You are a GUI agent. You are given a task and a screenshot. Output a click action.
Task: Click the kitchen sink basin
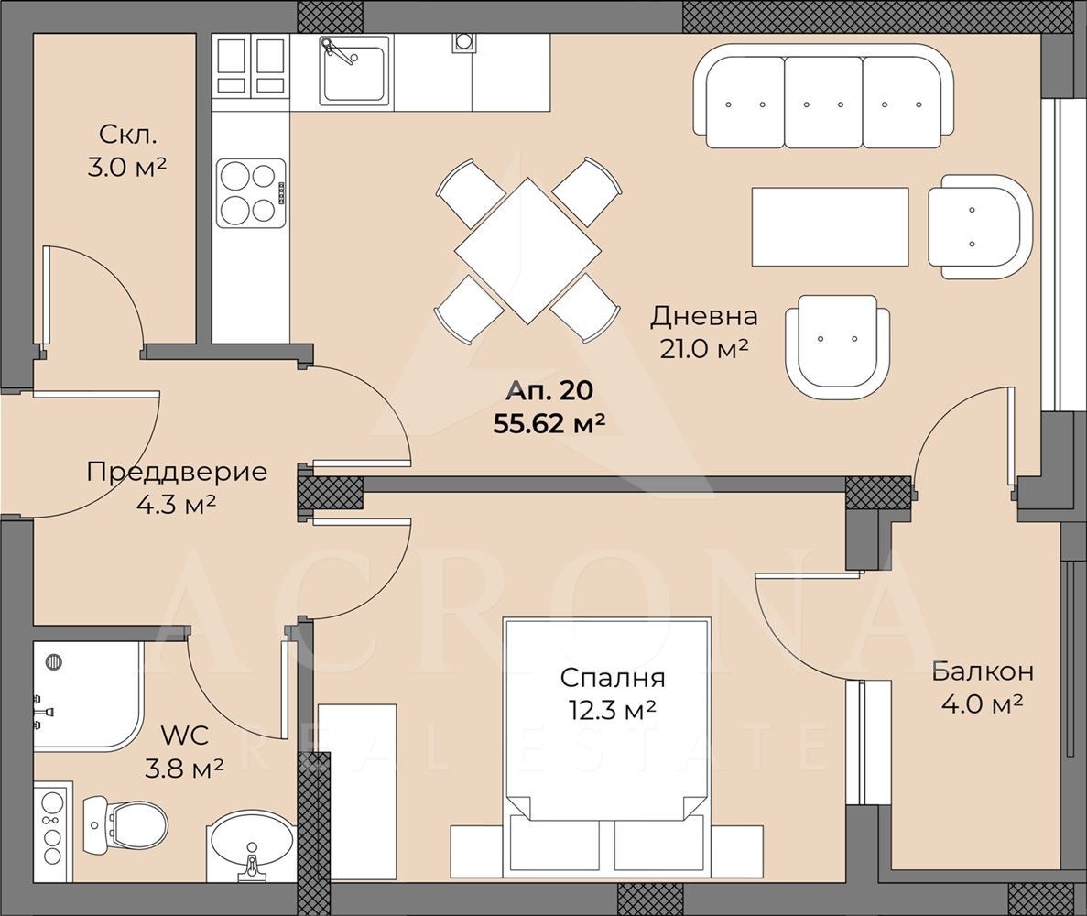[x=354, y=71]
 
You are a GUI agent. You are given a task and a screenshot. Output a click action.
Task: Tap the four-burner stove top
[x=251, y=193]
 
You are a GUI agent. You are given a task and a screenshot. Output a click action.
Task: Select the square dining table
[x=527, y=250]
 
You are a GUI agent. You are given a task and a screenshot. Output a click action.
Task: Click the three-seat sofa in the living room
[x=823, y=96]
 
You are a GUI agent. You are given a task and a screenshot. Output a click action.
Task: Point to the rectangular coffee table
[x=831, y=226]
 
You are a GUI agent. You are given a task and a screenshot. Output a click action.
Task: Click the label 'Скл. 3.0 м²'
[x=127, y=150]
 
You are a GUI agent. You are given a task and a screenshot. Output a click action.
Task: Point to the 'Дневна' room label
[x=703, y=317]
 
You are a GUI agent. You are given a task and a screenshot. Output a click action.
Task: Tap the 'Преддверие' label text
[x=177, y=473]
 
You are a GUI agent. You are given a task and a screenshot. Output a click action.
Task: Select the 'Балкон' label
[x=983, y=671]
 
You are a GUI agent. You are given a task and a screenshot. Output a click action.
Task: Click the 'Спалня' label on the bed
[x=613, y=678]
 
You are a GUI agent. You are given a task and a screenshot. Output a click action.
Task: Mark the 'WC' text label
[x=184, y=735]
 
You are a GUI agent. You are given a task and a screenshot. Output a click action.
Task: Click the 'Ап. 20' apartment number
[x=549, y=391]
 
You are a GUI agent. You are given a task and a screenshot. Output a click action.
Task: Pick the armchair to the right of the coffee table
[x=980, y=227]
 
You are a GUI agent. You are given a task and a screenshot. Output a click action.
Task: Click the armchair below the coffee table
[x=837, y=347]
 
